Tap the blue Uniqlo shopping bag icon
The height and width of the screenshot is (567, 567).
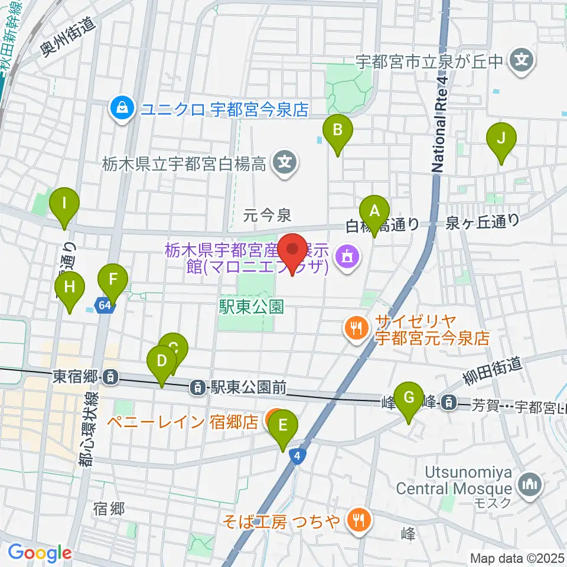[x=121, y=108]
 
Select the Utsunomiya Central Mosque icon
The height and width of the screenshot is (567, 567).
[x=529, y=485]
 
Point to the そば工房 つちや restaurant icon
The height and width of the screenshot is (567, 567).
[x=358, y=521]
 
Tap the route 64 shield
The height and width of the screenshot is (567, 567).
[x=105, y=305]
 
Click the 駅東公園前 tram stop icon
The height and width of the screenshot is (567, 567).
[x=197, y=387]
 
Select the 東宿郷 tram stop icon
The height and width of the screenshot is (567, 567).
[x=110, y=376]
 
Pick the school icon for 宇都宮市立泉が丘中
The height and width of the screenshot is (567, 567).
[x=521, y=60]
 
